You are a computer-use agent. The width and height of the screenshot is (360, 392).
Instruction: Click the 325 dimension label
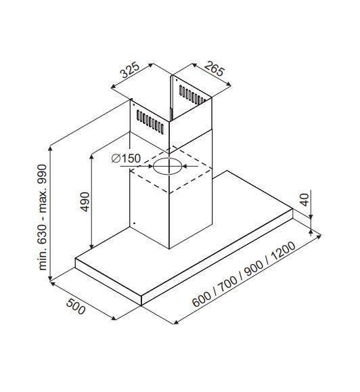(131, 69)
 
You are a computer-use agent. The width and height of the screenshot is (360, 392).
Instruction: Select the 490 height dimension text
(85, 202)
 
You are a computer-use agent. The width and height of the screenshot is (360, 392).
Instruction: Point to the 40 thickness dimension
(304, 200)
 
